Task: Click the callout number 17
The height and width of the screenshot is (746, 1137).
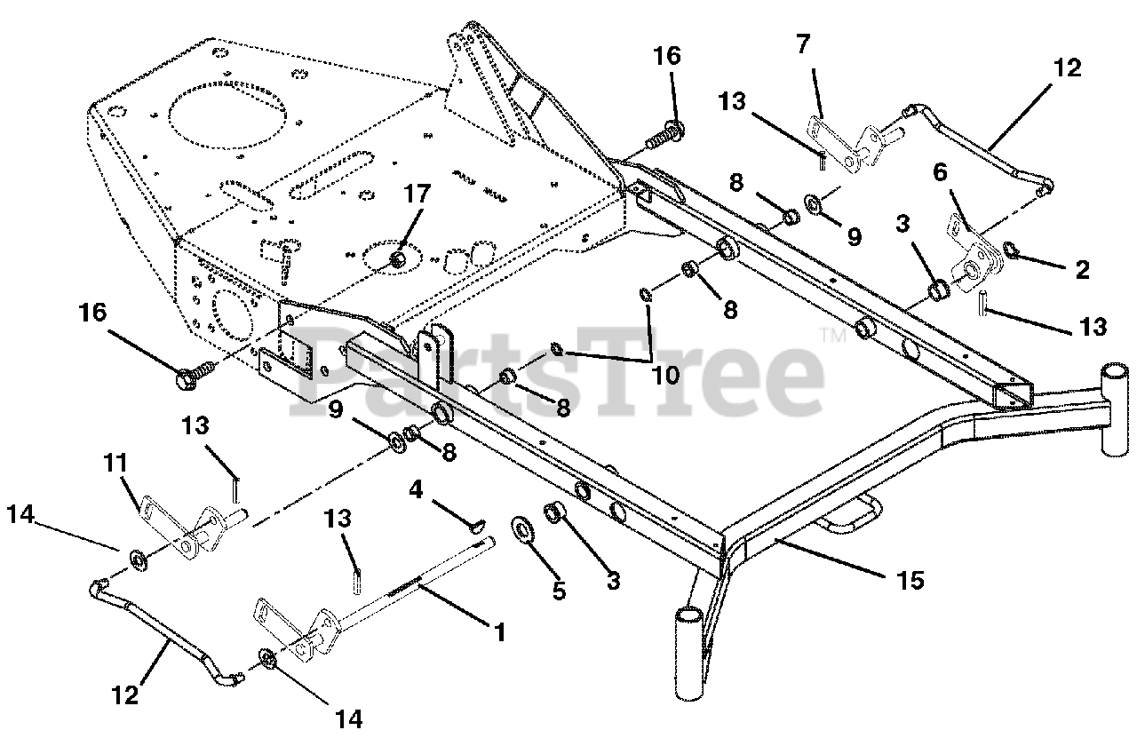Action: coord(417,194)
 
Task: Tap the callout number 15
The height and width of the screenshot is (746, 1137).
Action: coord(910,580)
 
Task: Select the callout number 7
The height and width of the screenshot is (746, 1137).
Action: coord(802,44)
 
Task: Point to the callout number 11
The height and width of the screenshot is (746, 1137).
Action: coord(115,463)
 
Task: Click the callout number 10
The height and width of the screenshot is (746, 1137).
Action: coord(665,376)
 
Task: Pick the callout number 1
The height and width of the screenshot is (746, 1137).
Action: coord(500,633)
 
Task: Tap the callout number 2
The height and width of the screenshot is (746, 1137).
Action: coord(1082,270)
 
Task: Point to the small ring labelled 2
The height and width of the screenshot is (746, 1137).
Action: coord(1010,250)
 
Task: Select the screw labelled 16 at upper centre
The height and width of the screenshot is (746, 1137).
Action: coord(665,133)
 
